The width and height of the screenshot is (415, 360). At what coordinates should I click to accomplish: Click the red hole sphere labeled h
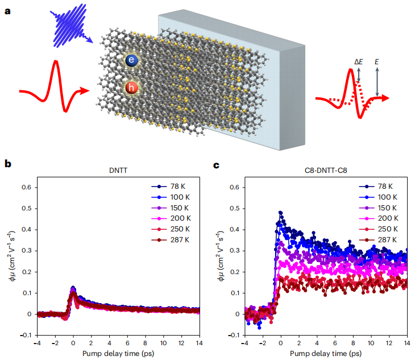(132, 88)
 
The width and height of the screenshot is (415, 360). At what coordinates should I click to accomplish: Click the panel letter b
(7, 164)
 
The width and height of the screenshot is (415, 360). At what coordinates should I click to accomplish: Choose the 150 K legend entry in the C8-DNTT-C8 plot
(388, 208)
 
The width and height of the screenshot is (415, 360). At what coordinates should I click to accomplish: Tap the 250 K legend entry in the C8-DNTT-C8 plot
(388, 230)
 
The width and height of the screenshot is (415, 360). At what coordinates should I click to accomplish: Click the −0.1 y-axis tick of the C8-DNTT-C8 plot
(232, 335)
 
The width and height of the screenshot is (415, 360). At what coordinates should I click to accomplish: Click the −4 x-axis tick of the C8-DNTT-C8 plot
(244, 343)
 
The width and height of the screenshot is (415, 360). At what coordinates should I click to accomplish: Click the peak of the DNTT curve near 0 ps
(73, 288)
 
